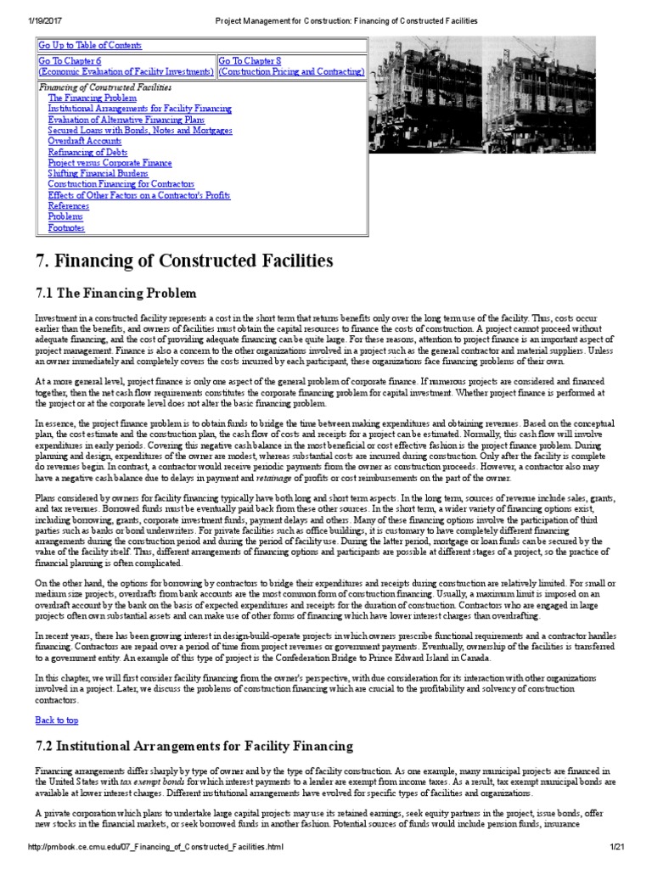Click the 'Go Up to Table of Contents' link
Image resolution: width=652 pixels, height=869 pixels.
click(90, 46)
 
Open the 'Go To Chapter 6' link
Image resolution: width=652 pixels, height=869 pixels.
click(70, 61)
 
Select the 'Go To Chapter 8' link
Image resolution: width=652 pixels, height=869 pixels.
click(249, 61)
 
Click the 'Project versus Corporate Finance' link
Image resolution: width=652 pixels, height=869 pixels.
click(110, 163)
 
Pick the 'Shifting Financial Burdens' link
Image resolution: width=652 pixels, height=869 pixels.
click(97, 173)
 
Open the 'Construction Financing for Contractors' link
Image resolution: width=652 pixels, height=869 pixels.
click(121, 184)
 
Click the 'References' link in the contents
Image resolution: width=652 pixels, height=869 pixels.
click(68, 205)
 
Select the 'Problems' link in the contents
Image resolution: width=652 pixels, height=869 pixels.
click(65, 216)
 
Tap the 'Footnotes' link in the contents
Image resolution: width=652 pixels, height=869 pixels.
click(66, 227)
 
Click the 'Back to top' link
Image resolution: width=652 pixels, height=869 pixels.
click(56, 720)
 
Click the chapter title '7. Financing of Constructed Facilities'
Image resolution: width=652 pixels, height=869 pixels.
click(183, 260)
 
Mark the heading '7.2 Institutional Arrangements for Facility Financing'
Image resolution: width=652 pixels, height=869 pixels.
click(194, 747)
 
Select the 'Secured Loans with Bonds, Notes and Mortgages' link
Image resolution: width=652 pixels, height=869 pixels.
click(140, 131)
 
